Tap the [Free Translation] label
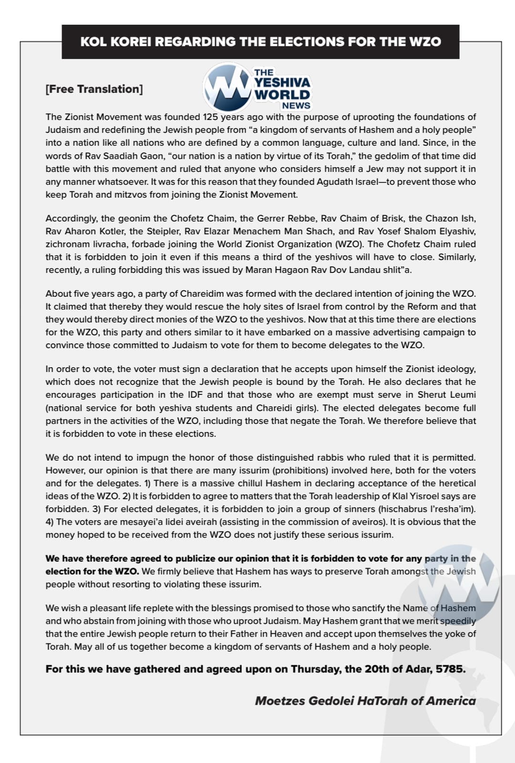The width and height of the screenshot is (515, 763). pos(94,89)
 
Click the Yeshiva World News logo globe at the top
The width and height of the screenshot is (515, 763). pos(227,88)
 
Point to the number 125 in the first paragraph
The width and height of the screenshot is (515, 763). pos(210,117)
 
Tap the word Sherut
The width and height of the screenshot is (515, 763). pos(432,394)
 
